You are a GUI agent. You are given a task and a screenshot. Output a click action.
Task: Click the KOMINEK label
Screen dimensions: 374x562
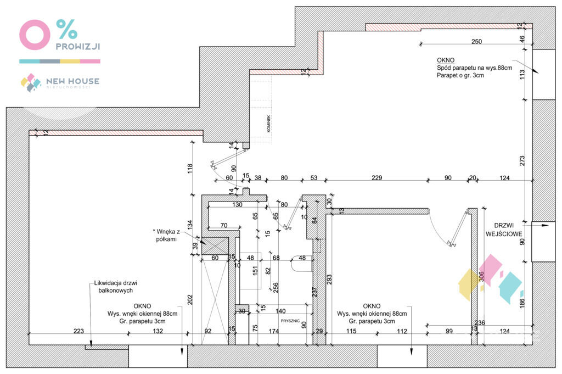[x=262, y=122]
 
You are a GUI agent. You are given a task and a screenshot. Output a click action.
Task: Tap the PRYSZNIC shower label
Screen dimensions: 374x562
[x=290, y=321]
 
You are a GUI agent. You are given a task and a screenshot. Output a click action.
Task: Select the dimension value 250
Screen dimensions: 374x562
[x=476, y=42]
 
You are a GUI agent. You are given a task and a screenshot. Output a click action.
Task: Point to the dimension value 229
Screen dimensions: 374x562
[x=376, y=177]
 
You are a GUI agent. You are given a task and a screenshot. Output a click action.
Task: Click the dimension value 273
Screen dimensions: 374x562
[x=522, y=160]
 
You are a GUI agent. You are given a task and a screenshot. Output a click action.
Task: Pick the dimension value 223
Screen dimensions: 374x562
[x=78, y=331]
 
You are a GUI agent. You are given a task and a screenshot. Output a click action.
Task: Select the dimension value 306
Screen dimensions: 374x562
[x=482, y=277]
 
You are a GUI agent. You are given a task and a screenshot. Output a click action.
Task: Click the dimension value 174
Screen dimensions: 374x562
[x=274, y=331]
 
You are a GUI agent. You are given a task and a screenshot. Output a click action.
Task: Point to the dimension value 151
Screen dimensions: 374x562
[x=255, y=270]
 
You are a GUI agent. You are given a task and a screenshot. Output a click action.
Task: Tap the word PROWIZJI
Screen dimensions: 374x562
[x=77, y=47]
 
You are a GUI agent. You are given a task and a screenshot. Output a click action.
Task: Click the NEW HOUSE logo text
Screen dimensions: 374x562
[x=72, y=81]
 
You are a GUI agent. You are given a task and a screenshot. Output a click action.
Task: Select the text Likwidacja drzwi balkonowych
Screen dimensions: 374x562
[x=114, y=287]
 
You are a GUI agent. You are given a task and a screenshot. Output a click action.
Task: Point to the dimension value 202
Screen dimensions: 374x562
[x=189, y=300]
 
